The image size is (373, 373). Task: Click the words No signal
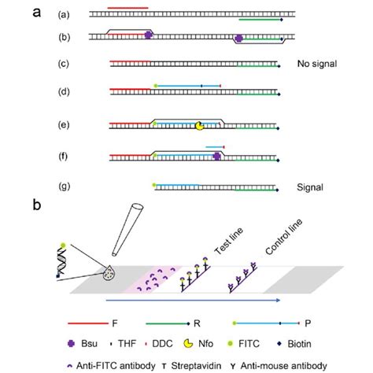(x=317, y=65)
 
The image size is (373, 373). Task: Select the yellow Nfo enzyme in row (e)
(x=199, y=125)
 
